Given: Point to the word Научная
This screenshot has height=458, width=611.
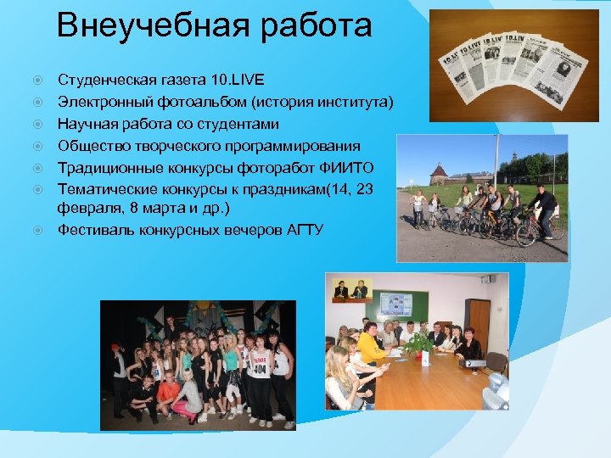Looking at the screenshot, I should pyautogui.click(x=87, y=125).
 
